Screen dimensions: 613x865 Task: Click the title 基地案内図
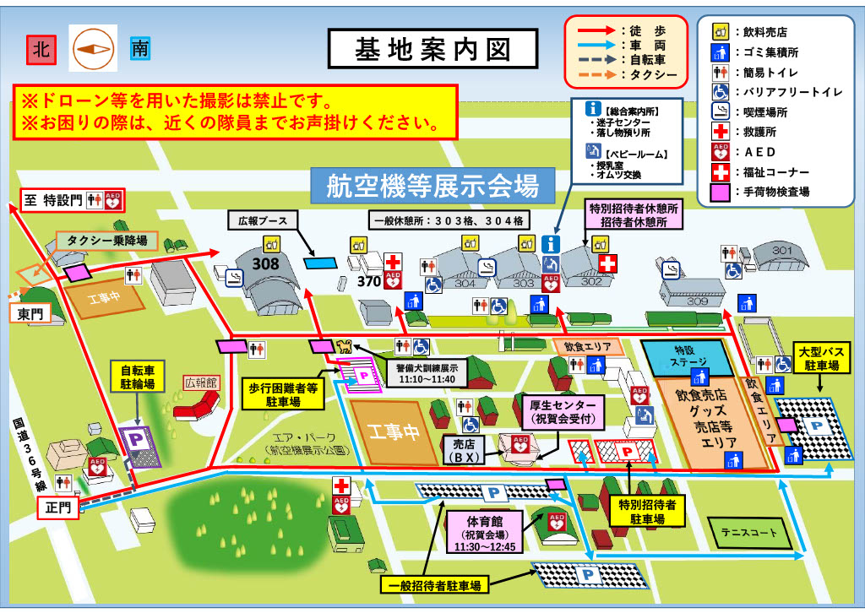pyautogui.click(x=432, y=49)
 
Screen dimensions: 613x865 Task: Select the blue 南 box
pyautogui.click(x=139, y=49)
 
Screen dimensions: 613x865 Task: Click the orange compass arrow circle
pyautogui.click(x=90, y=49)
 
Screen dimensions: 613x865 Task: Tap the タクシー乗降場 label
pyautogui.click(x=106, y=241)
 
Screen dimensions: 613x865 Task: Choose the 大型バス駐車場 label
pyautogui.click(x=818, y=358)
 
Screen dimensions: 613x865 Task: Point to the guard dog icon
pyautogui.click(x=344, y=345)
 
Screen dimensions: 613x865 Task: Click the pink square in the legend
pyautogui.click(x=719, y=192)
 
